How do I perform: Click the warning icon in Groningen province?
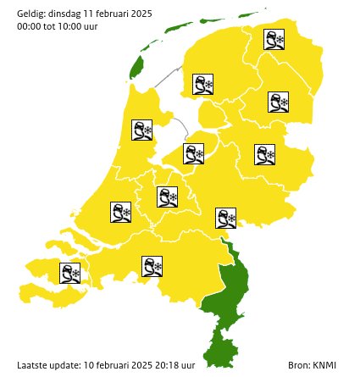(274, 40)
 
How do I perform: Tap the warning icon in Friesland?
(203, 84)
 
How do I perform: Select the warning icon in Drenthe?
(279, 103)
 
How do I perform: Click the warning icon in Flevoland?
(194, 153)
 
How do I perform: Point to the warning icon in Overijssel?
(265, 155)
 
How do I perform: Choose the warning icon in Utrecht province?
(168, 197)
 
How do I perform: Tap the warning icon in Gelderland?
(226, 218)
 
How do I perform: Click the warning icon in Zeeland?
(69, 273)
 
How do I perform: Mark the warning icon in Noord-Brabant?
(152, 267)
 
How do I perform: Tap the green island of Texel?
(134, 70)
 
